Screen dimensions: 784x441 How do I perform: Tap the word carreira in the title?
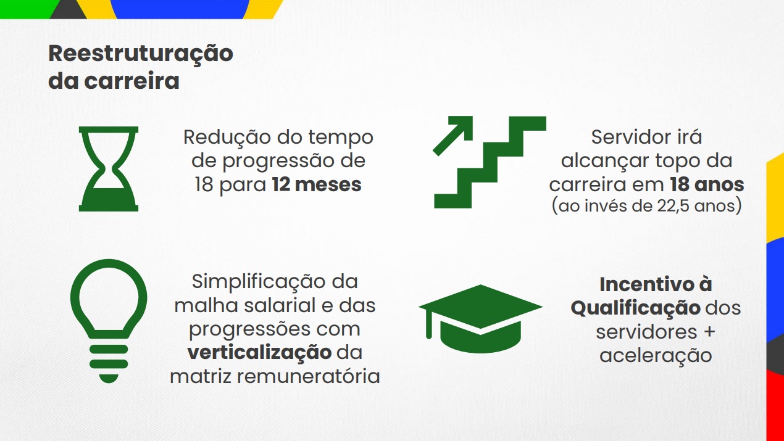[131, 81]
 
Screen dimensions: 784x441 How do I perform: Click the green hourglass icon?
[109, 169]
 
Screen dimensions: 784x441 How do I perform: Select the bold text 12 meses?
[317, 184]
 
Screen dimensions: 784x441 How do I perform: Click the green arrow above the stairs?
[453, 136]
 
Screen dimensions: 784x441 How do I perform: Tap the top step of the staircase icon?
[527, 123]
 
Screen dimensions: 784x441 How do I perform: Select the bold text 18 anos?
[707, 184]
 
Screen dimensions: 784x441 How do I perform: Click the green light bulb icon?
[109, 321]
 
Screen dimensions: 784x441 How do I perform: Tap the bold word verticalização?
[259, 353]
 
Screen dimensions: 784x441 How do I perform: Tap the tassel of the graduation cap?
[429, 324]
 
